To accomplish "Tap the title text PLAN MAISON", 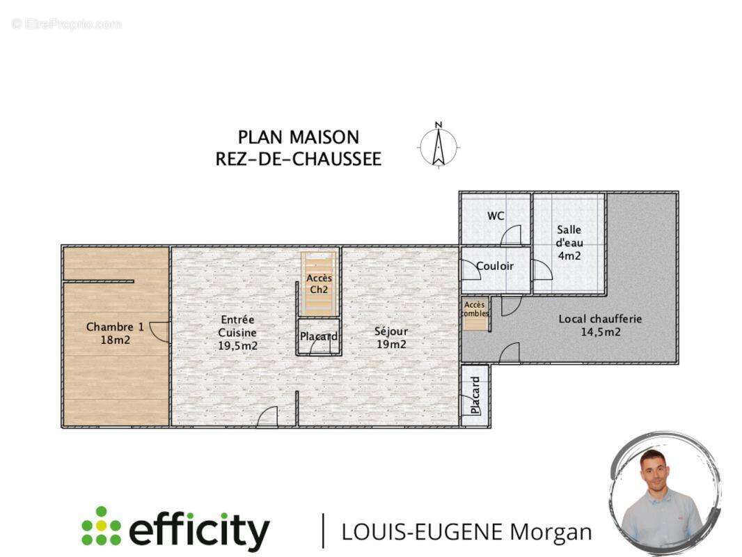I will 299,137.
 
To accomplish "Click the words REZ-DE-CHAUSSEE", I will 299,159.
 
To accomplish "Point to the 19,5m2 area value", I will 237,345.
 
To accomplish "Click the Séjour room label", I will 390,331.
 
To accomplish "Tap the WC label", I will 496,216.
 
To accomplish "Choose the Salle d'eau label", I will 569,242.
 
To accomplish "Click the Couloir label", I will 495,266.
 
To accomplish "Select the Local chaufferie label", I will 600,319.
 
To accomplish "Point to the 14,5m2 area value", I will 600,332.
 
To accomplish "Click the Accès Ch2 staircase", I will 319,284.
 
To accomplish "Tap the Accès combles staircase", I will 475,314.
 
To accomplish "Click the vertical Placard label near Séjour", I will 475,395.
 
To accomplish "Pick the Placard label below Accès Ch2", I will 319,337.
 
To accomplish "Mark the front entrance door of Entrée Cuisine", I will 267,417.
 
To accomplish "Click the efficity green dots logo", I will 101,526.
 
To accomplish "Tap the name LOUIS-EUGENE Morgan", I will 466,532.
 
